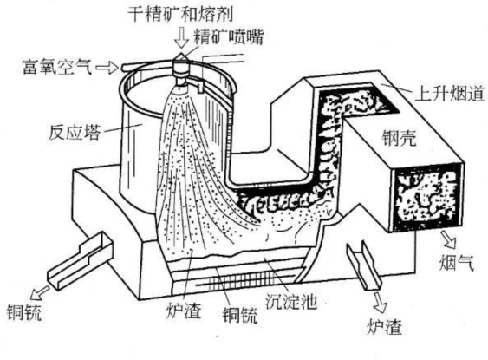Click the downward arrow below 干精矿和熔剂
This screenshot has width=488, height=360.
[180, 35]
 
